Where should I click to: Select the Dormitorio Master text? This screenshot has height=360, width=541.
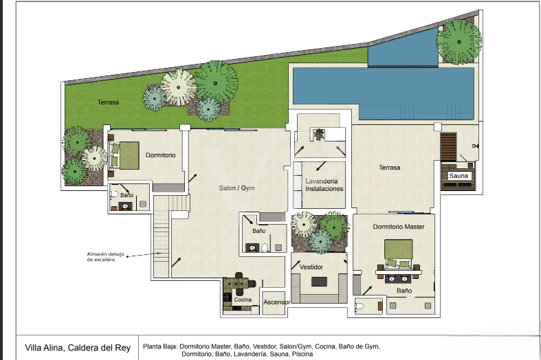click(x=399, y=227)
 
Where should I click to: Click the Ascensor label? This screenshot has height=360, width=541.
click(x=277, y=302)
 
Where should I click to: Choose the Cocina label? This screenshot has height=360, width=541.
click(x=243, y=300)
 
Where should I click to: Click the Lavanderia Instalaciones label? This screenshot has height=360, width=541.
click(x=324, y=185)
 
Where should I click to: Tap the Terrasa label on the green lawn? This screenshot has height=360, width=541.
click(x=108, y=102)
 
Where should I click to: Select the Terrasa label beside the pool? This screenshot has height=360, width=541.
click(x=389, y=168)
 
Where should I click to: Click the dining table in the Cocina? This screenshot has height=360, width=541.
click(x=239, y=282)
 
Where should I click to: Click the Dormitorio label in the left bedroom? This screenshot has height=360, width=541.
click(x=160, y=155)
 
